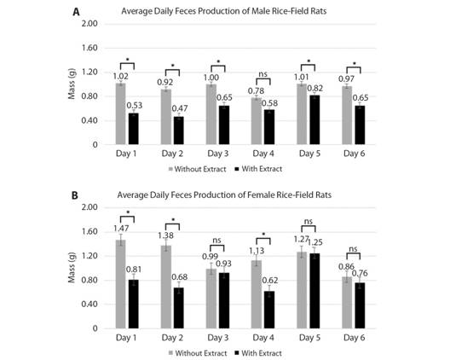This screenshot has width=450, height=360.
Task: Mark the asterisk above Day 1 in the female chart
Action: (127, 212)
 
